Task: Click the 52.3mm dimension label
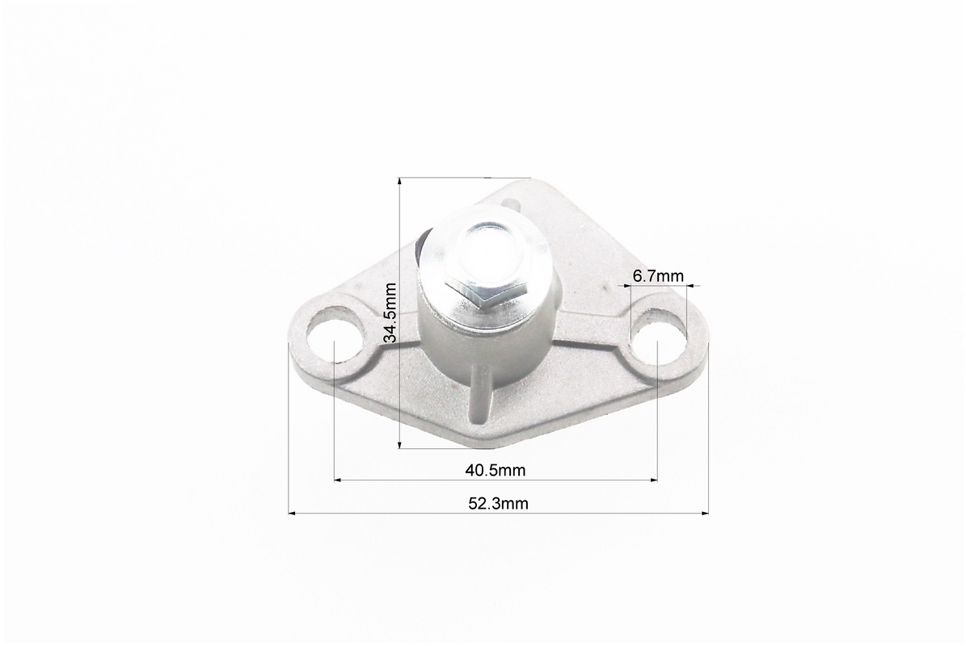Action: click(499, 504)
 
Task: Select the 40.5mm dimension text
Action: click(496, 471)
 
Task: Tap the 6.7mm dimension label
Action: click(658, 276)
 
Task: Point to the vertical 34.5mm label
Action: click(390, 313)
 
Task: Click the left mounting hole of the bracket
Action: click(333, 337)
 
